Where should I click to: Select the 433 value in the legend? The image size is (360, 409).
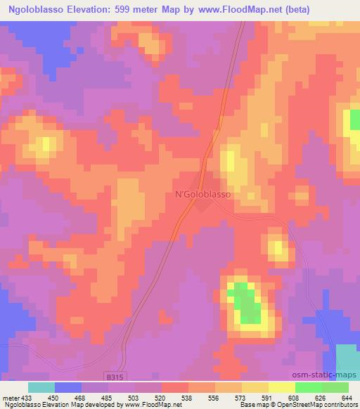26,397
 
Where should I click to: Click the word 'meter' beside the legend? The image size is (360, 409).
10,397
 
